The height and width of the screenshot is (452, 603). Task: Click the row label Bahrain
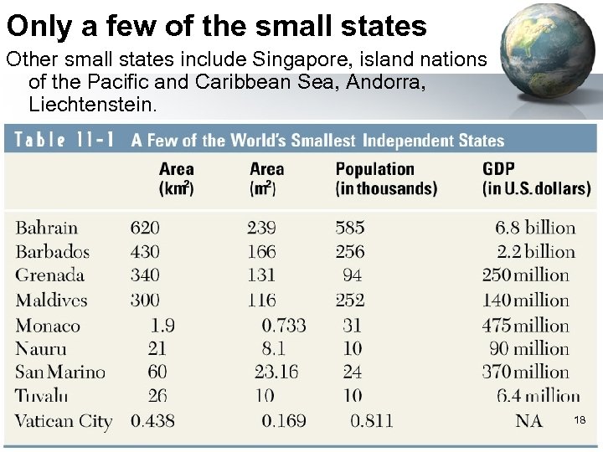pos(47,228)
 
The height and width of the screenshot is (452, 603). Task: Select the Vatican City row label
pos(64,421)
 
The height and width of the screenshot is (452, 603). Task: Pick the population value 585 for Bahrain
pos(350,228)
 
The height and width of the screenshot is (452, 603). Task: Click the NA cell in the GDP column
pos(528,421)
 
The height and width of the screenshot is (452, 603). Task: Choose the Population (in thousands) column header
pos(386,179)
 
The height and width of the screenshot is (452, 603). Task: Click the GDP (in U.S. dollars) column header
pos(536,179)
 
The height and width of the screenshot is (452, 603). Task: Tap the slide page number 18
pos(579,419)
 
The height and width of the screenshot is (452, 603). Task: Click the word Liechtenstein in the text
pos(91,105)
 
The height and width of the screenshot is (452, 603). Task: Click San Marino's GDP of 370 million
pos(525,372)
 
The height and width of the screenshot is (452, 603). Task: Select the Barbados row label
pos(53,251)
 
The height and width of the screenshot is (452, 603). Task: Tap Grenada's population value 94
pos(353,275)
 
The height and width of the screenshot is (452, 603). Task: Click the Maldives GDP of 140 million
pos(525,300)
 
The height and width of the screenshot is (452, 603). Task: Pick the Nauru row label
pos(41,349)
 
